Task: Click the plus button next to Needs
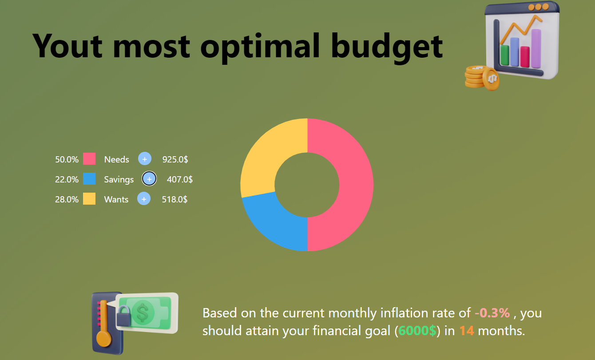click(145, 159)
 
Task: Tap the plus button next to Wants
click(143, 199)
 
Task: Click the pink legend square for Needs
click(89, 159)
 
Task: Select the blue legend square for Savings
click(89, 179)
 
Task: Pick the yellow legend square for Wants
click(89, 199)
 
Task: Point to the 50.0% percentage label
click(67, 159)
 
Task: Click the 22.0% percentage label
click(67, 179)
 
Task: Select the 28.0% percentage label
click(67, 199)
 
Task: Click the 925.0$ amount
click(175, 159)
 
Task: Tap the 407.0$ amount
click(179, 179)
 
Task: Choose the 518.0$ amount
click(175, 199)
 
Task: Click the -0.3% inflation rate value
click(492, 313)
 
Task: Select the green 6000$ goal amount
click(417, 331)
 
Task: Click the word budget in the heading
click(387, 46)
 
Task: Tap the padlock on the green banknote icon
click(123, 316)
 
